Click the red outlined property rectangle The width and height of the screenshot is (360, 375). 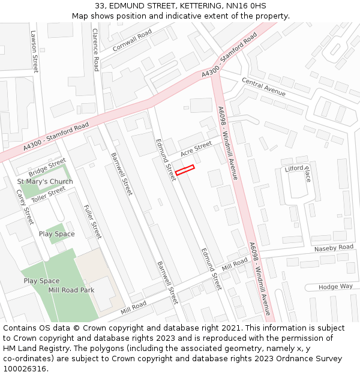click(x=185, y=170)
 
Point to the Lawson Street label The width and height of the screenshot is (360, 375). click(x=34, y=52)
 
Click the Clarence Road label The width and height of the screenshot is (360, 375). click(x=95, y=50)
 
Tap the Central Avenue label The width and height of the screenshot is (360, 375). click(x=263, y=86)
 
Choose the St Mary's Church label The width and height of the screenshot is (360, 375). click(x=45, y=182)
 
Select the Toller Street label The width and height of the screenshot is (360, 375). click(x=48, y=194)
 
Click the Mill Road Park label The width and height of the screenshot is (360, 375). click(x=71, y=290)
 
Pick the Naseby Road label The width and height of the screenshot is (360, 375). click(x=334, y=248)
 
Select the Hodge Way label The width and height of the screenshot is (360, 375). click(x=336, y=287)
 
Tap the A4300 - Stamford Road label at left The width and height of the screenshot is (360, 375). click(x=56, y=137)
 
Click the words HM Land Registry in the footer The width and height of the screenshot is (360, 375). click(x=31, y=349)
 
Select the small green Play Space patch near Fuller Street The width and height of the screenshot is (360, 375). click(x=59, y=233)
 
